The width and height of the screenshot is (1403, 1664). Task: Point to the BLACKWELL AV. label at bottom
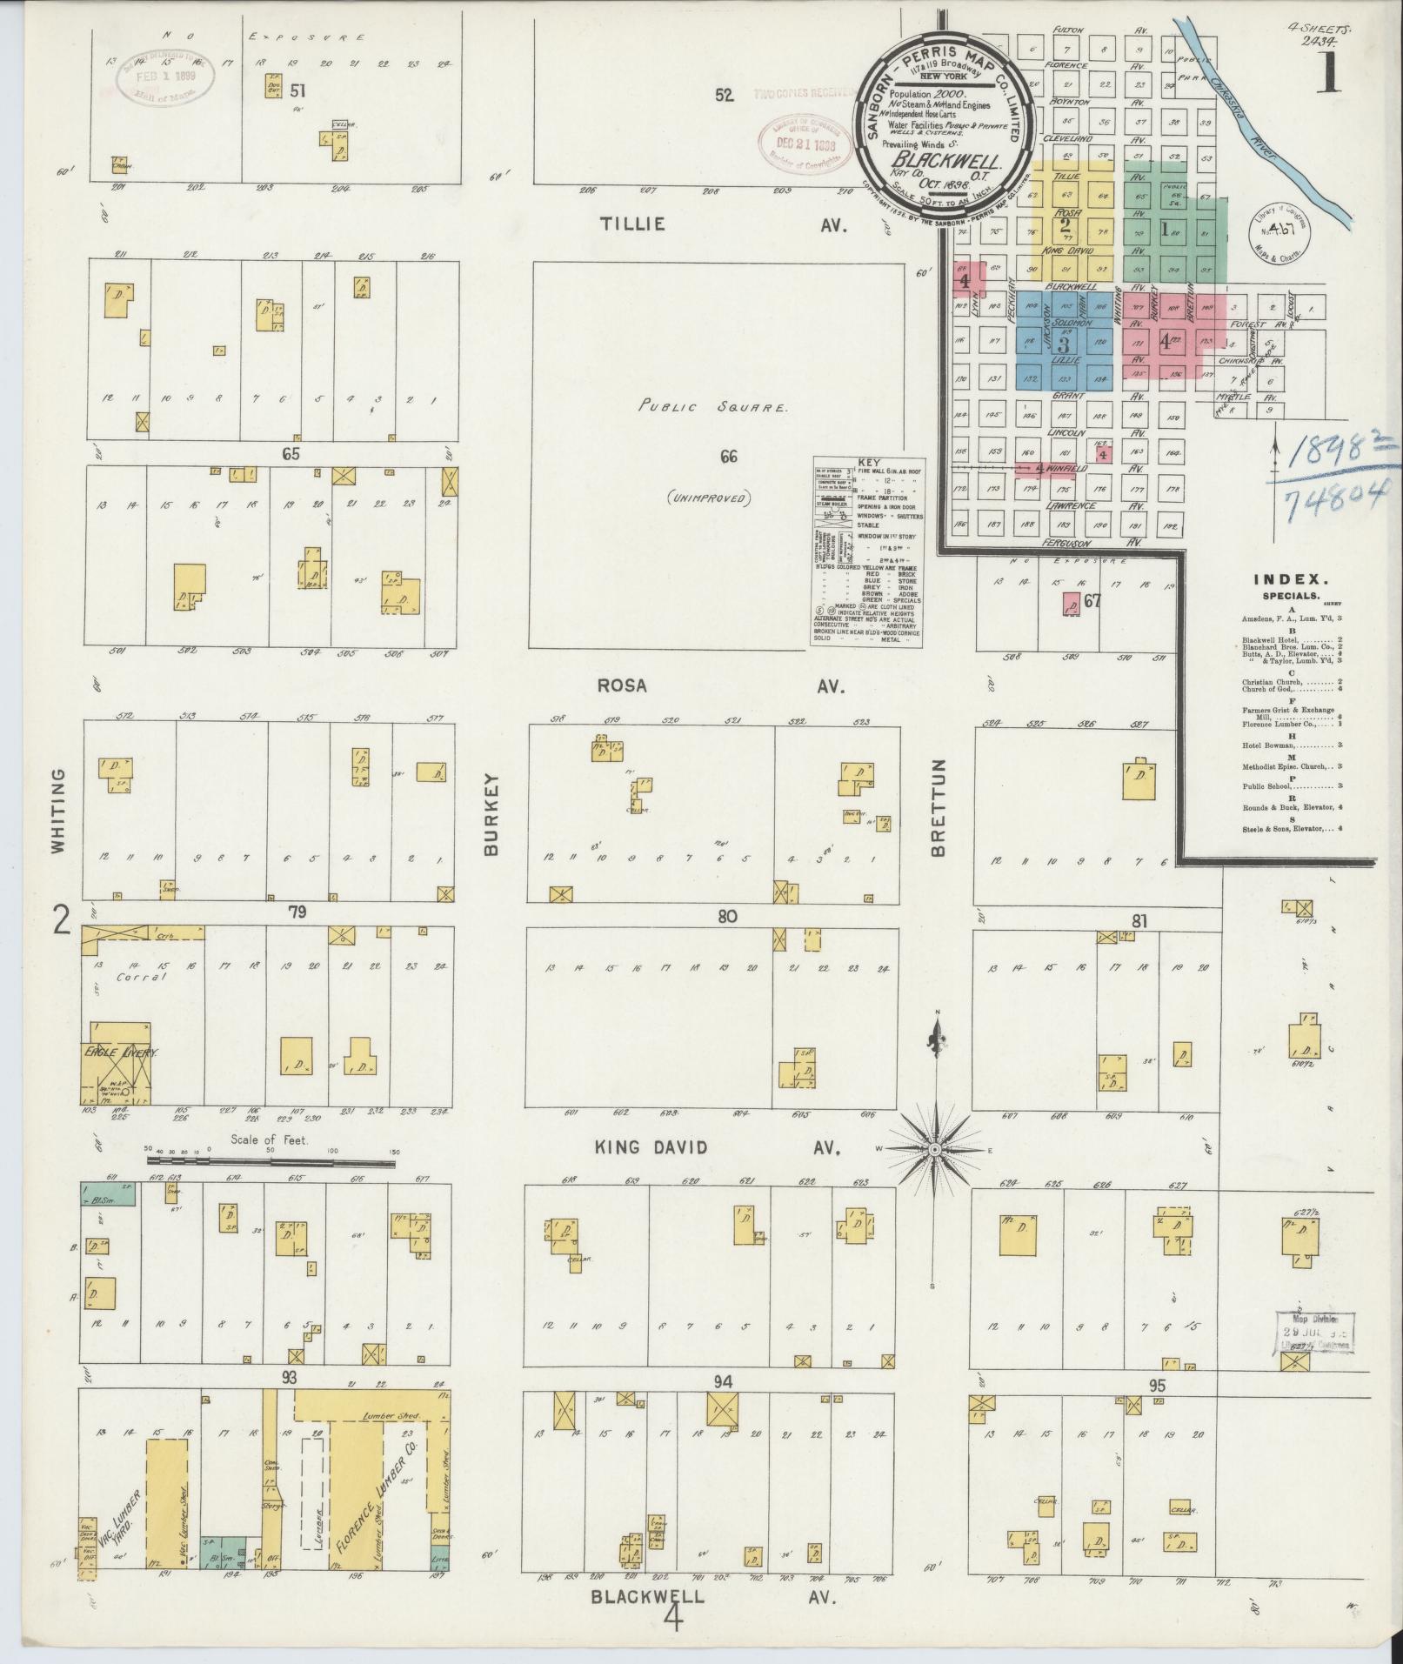(713, 1598)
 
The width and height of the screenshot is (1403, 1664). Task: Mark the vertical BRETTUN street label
(938, 808)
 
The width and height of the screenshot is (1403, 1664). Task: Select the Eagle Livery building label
(118, 1053)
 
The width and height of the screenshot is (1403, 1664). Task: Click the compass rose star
(936, 1149)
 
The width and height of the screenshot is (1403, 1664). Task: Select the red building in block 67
(1071, 604)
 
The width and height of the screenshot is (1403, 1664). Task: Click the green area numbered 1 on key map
(1166, 229)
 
